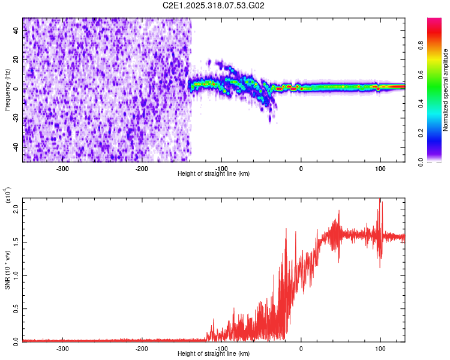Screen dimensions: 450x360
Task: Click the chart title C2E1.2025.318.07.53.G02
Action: pyautogui.click(x=214, y=5)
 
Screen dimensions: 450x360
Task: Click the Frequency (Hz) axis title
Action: pyautogui.click(x=7, y=90)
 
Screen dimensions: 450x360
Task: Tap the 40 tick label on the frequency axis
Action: pyautogui.click(x=16, y=30)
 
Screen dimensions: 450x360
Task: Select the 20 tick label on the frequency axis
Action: pyautogui.click(x=16, y=59)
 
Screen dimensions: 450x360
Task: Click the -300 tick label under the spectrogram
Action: pyautogui.click(x=62, y=169)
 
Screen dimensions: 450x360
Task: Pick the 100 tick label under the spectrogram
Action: pyautogui.click(x=380, y=169)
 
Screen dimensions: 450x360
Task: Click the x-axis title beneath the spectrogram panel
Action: pyautogui.click(x=214, y=173)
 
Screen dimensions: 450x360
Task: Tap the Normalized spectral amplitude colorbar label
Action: pyautogui.click(x=445, y=90)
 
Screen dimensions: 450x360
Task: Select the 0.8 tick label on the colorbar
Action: pyautogui.click(x=421, y=46)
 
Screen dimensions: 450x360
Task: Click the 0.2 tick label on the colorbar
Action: pyautogui.click(x=421, y=133)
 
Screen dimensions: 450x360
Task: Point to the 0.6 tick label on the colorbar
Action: pyautogui.click(x=421, y=74)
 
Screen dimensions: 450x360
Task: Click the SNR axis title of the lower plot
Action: pyautogui.click(x=7, y=270)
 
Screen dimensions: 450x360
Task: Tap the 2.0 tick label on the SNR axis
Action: pyautogui.click(x=16, y=209)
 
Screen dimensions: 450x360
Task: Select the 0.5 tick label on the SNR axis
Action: pyautogui.click(x=16, y=308)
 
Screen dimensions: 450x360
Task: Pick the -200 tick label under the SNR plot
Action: pyautogui.click(x=142, y=349)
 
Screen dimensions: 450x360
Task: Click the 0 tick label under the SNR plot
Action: pyautogui.click(x=301, y=349)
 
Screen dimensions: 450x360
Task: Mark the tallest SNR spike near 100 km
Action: pyautogui.click(x=380, y=199)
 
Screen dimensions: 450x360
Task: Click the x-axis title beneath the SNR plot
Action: pyautogui.click(x=214, y=353)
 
